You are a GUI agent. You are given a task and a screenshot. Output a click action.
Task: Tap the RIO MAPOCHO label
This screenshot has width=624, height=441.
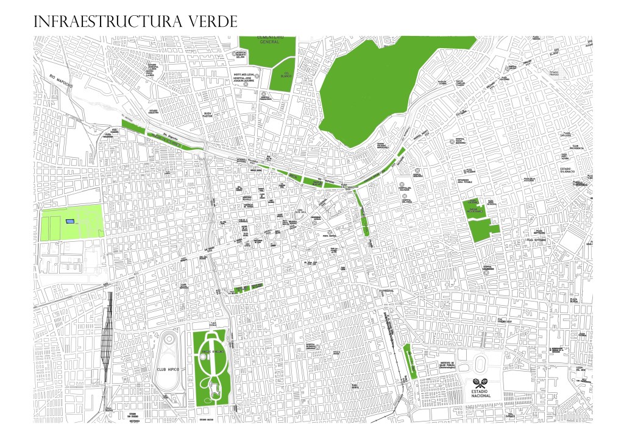pos(62,82)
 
